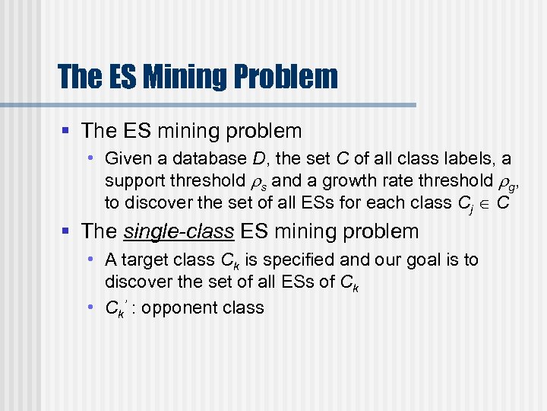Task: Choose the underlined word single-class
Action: point(178,231)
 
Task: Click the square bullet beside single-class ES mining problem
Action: point(68,231)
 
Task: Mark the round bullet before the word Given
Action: point(90,158)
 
